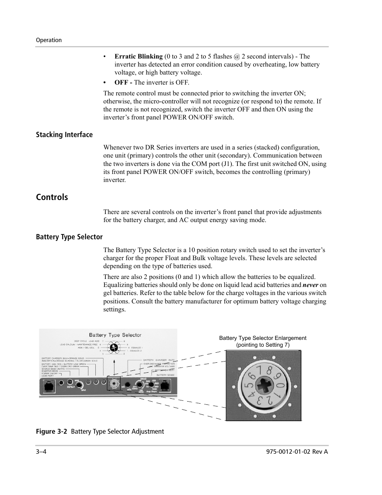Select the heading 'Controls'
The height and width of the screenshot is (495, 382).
(x=52, y=197)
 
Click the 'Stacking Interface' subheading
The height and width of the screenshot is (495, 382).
(x=64, y=135)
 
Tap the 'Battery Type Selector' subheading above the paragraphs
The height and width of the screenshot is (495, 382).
(x=69, y=237)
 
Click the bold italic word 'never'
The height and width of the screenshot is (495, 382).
(x=310, y=285)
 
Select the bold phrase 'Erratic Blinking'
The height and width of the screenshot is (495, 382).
(x=139, y=57)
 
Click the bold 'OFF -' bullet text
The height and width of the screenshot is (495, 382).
(x=123, y=83)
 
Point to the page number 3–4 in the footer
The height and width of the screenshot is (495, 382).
(x=41, y=452)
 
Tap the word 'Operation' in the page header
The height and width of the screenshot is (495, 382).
(x=49, y=40)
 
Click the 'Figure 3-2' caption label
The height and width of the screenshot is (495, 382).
(x=51, y=431)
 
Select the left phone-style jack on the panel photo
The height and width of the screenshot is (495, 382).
(x=49, y=385)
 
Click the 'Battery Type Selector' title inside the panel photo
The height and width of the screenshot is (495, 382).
(x=115, y=335)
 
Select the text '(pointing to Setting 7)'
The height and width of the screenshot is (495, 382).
(x=263, y=345)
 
